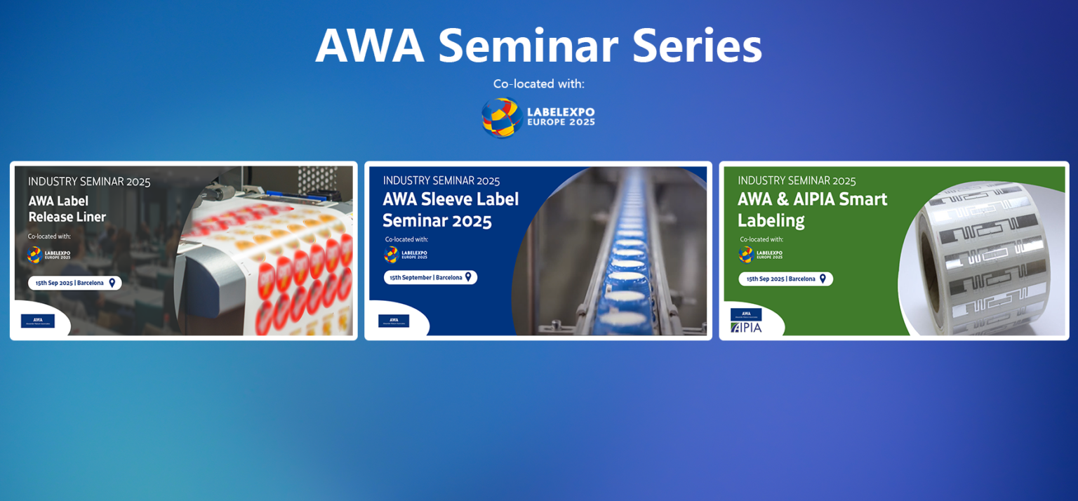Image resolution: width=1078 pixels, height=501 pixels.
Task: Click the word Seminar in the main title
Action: pyautogui.click(x=527, y=46)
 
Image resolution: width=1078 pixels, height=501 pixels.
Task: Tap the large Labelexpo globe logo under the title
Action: pyautogui.click(x=500, y=117)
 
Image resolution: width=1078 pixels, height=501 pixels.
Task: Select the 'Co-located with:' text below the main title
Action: pyautogui.click(x=538, y=84)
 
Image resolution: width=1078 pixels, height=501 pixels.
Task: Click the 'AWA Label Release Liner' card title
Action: pyautogui.click(x=67, y=209)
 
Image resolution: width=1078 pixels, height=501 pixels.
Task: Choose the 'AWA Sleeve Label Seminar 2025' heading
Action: pyautogui.click(x=451, y=210)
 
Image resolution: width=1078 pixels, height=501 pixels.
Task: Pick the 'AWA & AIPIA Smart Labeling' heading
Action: pyautogui.click(x=812, y=209)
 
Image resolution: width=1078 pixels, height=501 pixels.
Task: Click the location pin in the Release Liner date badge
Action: pyautogui.click(x=112, y=283)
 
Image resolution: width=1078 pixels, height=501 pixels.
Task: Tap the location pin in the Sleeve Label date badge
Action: pyautogui.click(x=468, y=277)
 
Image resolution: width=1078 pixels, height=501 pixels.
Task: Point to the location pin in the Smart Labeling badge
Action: pyautogui.click(x=823, y=279)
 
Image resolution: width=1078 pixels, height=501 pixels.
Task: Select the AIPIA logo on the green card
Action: pyautogui.click(x=746, y=327)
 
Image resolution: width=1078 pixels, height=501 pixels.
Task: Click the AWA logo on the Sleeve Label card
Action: pyautogui.click(x=394, y=321)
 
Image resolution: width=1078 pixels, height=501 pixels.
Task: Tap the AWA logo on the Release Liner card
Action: pyautogui.click(x=38, y=321)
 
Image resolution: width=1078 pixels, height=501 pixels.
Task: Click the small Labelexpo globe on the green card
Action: pyautogui.click(x=745, y=254)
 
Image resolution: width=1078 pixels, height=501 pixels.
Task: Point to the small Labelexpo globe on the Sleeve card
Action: pyautogui.click(x=391, y=254)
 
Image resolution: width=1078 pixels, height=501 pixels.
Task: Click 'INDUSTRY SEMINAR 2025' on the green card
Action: pyautogui.click(x=797, y=181)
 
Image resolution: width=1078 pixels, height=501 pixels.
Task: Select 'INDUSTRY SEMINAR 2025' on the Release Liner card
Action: pyautogui.click(x=89, y=182)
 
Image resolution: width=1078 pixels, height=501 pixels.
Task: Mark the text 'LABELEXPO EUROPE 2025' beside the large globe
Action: pyautogui.click(x=561, y=116)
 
